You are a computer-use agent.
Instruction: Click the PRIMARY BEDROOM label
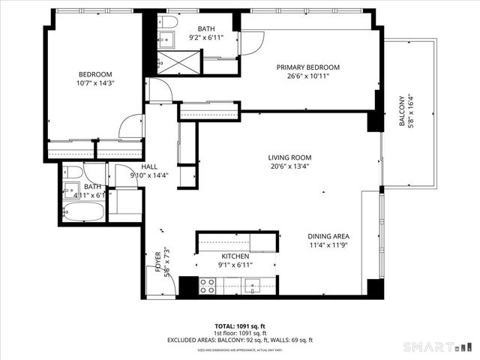click(307, 67)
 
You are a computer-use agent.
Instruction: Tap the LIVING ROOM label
click(289, 157)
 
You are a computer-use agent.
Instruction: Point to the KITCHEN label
click(235, 256)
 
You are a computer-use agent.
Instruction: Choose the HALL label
click(149, 166)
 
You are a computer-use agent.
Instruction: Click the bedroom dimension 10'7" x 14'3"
click(95, 84)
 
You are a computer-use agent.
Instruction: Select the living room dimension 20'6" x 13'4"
click(289, 167)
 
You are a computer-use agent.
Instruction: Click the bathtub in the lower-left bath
click(84, 211)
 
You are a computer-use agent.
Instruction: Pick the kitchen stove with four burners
click(208, 285)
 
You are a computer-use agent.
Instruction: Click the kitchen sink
click(253, 284)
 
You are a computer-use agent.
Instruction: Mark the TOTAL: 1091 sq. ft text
click(239, 326)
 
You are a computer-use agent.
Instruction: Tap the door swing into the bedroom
click(132, 126)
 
